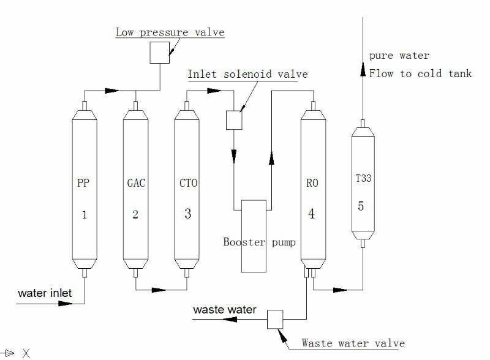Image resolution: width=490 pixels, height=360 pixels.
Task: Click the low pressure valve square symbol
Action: [160, 53]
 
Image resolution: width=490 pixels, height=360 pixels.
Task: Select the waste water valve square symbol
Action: [275, 319]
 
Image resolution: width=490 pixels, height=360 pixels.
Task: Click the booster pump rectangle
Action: [253, 236]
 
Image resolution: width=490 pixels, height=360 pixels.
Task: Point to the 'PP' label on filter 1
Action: [84, 182]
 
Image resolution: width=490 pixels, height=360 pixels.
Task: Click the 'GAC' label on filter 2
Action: [135, 182]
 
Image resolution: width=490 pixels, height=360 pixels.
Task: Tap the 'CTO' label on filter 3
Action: [187, 182]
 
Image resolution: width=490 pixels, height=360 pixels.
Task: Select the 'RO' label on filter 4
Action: [312, 182]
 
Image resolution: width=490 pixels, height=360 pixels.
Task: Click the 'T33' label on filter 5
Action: [363, 179]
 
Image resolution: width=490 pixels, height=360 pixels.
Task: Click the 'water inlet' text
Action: [45, 293]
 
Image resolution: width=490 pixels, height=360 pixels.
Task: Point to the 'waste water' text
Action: [225, 310]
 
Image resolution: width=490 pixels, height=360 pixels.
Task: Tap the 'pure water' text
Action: [399, 56]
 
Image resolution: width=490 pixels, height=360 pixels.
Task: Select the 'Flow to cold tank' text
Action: [420, 73]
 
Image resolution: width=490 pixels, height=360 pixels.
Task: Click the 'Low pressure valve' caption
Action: [170, 32]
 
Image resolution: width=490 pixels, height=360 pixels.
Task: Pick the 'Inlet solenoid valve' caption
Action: [247, 74]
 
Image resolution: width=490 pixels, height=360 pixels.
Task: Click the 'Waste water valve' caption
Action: [353, 343]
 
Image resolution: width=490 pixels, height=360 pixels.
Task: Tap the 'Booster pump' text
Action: [259, 242]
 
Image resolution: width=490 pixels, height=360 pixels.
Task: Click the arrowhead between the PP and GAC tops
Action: [111, 91]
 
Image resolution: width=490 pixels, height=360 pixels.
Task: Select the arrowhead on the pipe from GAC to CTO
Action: [159, 290]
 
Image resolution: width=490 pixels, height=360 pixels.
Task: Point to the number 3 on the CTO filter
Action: [187, 214]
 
